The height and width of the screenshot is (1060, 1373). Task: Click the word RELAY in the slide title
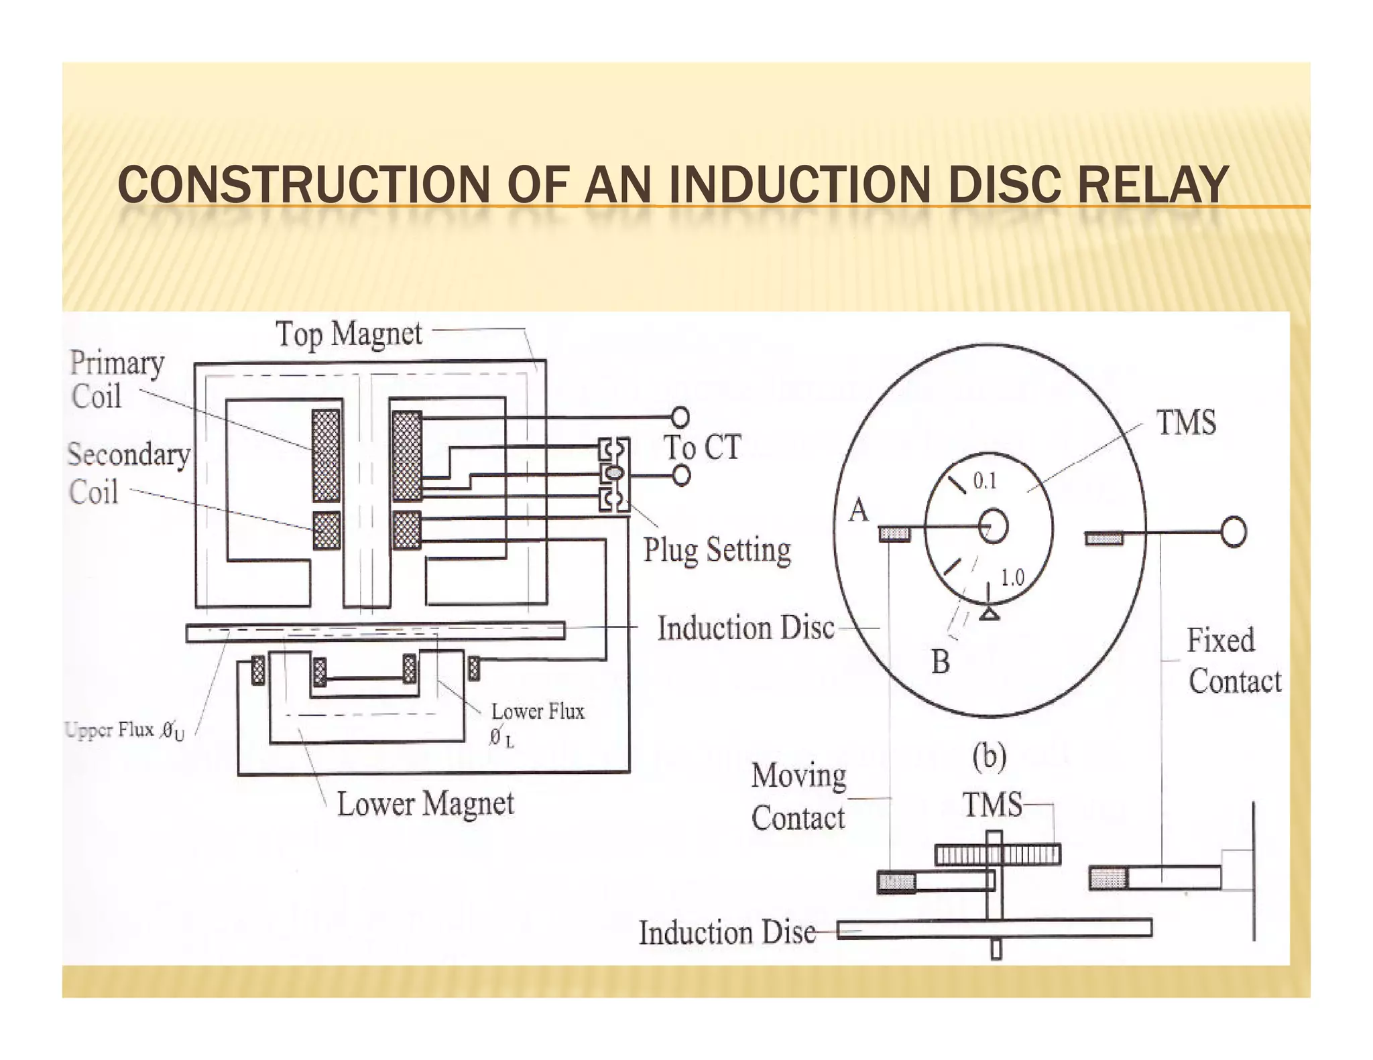1152,185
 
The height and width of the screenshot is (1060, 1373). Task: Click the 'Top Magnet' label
349,334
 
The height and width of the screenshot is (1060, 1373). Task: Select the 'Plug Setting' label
717,550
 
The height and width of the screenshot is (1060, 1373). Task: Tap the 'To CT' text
702,447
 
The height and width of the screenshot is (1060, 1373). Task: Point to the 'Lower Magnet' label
425,803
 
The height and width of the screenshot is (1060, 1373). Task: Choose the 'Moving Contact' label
798,797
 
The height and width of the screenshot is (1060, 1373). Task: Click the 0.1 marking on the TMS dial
985,480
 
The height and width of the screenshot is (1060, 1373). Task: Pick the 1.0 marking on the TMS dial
1012,578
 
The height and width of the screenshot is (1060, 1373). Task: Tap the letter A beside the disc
858,511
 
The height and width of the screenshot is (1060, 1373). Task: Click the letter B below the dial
941,662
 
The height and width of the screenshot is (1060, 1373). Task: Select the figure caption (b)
990,756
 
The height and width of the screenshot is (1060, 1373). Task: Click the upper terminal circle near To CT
680,417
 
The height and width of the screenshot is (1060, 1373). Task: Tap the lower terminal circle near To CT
681,475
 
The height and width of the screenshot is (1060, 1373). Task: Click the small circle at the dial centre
993,527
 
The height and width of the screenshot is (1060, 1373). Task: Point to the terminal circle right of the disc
1234,533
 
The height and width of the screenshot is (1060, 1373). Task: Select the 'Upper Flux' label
125,730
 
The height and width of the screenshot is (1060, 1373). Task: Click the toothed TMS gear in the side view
998,854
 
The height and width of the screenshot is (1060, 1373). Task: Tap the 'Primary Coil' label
116,379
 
